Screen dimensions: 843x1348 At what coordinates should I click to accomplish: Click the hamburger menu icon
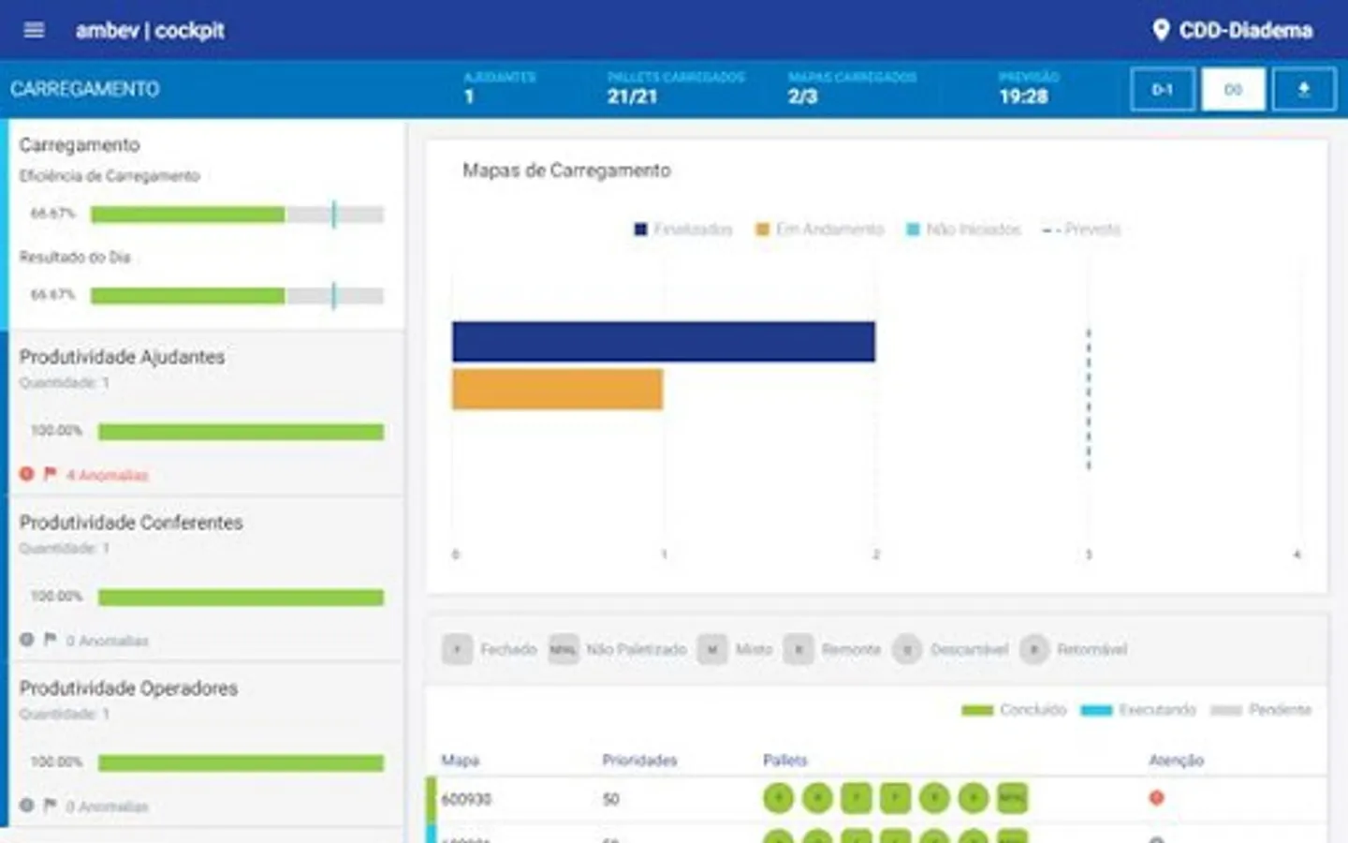point(34,30)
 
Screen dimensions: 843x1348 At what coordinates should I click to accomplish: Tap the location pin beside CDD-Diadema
point(1161,30)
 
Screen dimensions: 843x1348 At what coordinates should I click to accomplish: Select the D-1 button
point(1163,90)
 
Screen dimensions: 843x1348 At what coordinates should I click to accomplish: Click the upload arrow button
point(1303,90)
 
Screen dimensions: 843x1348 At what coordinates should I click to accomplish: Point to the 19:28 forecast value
point(1023,96)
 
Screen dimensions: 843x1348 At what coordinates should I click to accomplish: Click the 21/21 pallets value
point(632,96)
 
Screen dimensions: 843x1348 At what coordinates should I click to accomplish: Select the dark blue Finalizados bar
point(663,342)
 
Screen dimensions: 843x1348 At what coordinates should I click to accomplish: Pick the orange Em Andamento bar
point(557,390)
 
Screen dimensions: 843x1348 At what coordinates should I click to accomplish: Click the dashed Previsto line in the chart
point(1089,398)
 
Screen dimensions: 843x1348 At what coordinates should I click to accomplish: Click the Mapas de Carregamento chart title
point(566,170)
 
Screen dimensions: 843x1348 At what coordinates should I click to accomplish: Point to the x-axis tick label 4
point(1297,555)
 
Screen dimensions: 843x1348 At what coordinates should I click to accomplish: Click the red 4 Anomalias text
point(107,476)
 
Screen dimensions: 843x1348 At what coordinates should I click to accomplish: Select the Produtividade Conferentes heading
point(131,523)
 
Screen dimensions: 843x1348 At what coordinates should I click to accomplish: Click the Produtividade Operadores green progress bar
point(241,763)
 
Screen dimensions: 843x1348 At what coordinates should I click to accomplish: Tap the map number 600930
point(466,799)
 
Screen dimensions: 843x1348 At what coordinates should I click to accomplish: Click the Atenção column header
point(1176,761)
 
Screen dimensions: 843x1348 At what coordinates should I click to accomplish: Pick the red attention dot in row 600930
point(1157,798)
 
